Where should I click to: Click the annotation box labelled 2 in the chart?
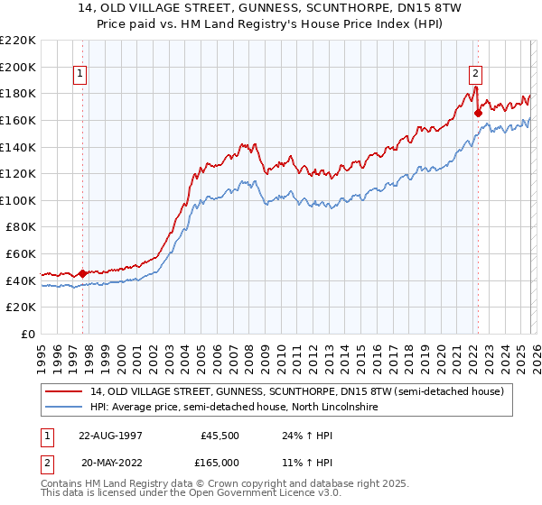click(475, 75)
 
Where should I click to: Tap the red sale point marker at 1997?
click(83, 273)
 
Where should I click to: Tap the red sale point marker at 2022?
click(478, 114)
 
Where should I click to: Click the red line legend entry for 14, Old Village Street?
click(302, 391)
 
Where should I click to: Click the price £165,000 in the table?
click(220, 463)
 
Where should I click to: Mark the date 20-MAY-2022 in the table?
click(112, 463)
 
